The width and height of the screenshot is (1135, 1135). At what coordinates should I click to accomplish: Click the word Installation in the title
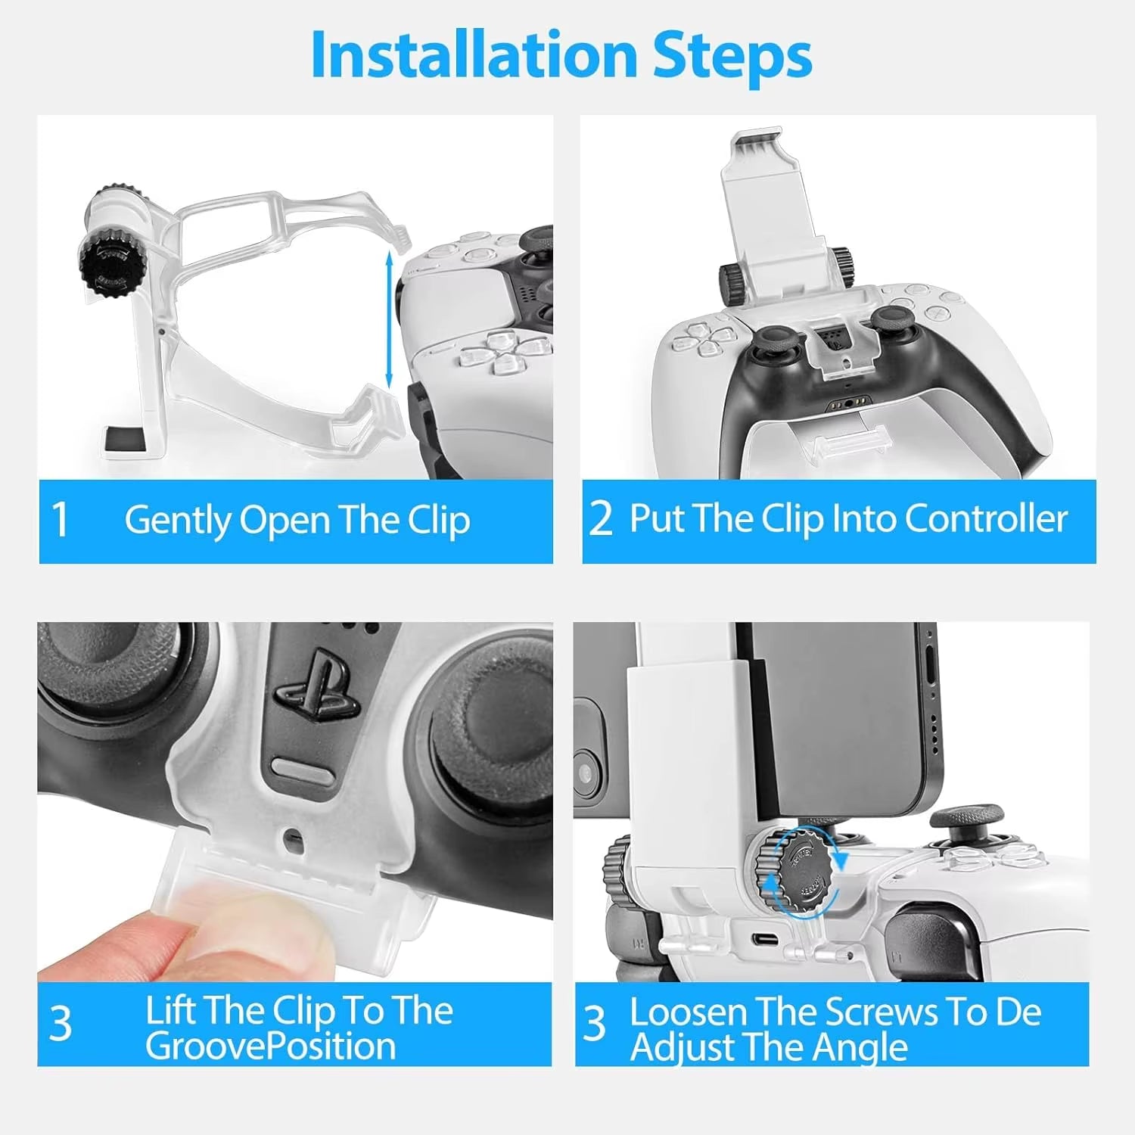(474, 55)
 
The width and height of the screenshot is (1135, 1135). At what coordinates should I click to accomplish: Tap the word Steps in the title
(732, 55)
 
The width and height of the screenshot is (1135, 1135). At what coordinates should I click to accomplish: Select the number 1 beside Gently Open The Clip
(61, 521)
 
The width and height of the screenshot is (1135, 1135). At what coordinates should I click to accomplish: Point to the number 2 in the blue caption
(600, 520)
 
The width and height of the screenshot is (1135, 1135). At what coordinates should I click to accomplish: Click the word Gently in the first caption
(177, 521)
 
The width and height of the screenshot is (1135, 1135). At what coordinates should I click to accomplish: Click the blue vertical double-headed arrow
(389, 320)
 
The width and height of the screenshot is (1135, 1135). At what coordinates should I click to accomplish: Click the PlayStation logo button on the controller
(311, 691)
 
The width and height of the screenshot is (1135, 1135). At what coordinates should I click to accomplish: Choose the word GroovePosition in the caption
(270, 1046)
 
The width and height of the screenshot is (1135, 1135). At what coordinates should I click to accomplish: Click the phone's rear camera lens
(584, 773)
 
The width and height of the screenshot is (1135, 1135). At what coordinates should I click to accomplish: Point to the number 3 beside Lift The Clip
(61, 1025)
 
